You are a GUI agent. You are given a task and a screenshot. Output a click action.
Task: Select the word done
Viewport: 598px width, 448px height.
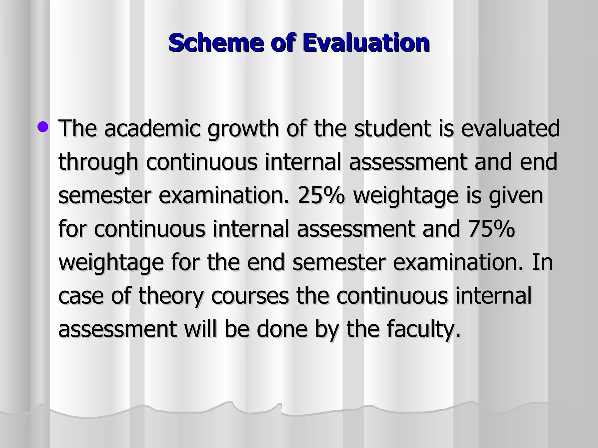click(282, 329)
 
